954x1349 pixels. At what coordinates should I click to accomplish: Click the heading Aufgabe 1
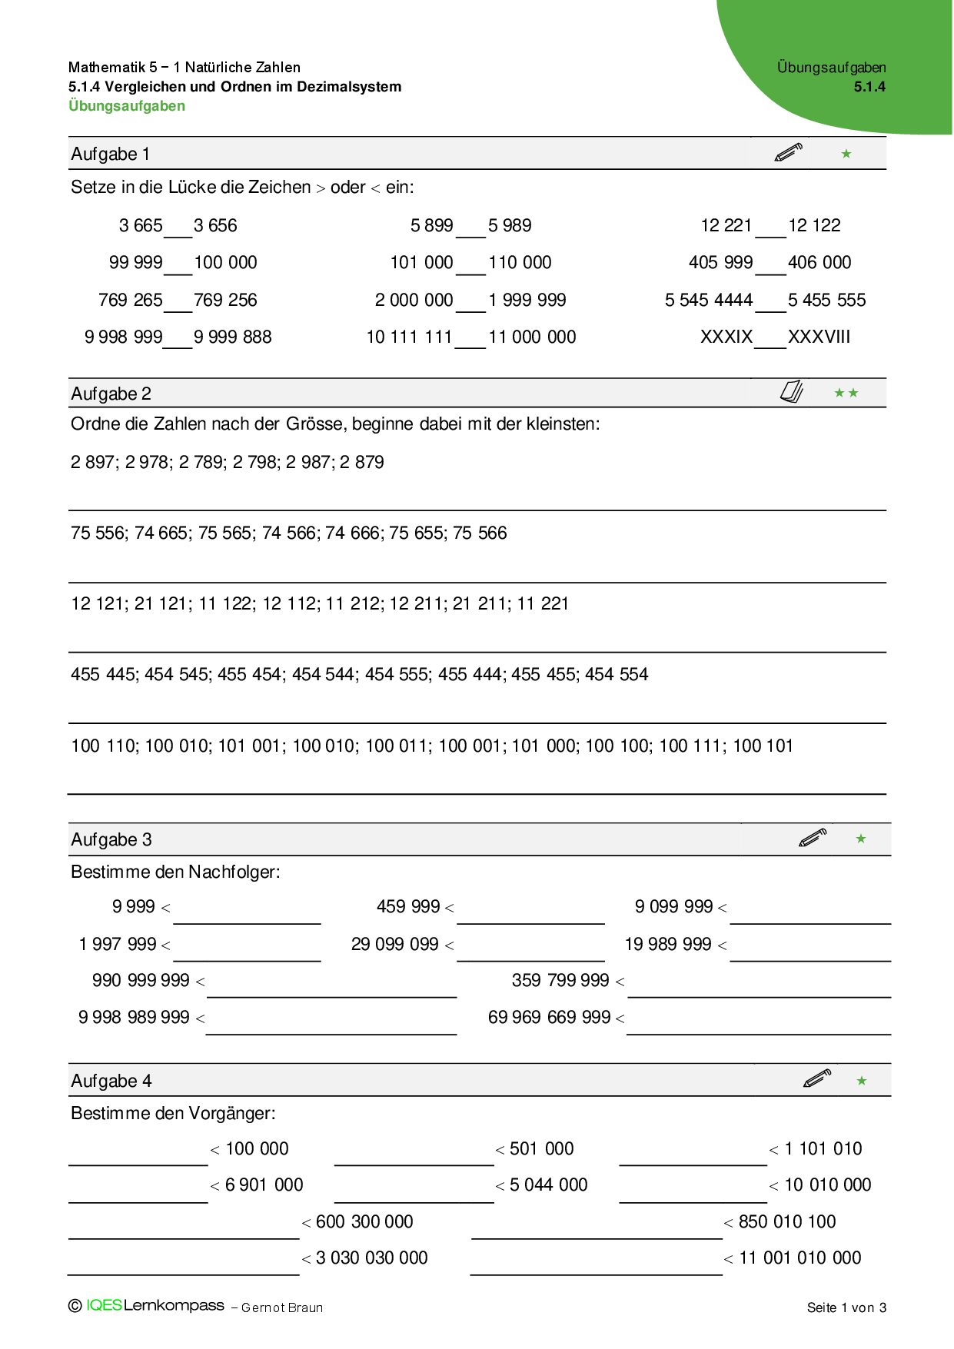(110, 154)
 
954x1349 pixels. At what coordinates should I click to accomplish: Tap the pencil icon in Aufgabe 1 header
(788, 152)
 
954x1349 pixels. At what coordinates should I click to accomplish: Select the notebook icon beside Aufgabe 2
(791, 392)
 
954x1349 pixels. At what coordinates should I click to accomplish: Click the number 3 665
(141, 225)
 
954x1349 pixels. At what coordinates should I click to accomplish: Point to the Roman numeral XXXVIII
(819, 337)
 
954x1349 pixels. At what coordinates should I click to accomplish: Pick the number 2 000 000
(414, 300)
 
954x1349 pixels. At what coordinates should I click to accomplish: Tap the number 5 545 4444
(708, 300)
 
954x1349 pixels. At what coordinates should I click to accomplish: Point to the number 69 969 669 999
(549, 1017)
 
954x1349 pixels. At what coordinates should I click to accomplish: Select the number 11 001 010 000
(799, 1258)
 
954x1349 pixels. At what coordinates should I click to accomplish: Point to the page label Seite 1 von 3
(846, 1307)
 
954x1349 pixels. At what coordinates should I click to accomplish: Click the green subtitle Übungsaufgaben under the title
(127, 106)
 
